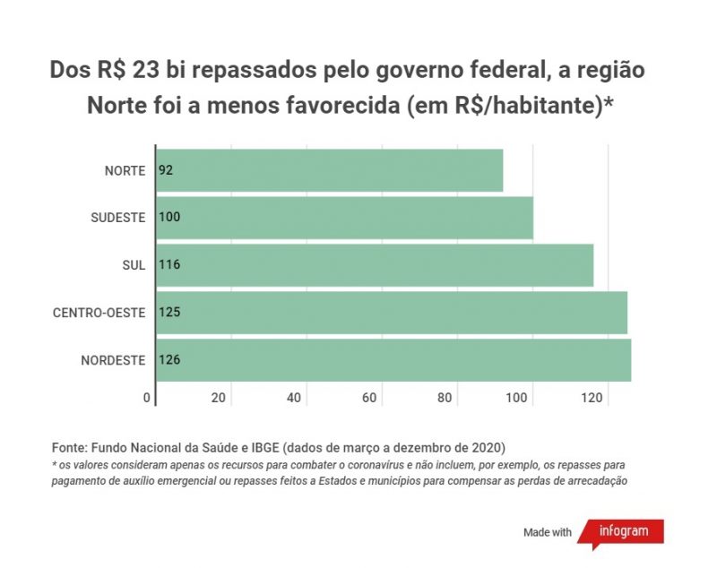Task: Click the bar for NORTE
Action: pyautogui.click(x=329, y=170)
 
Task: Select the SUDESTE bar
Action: pyautogui.click(x=344, y=218)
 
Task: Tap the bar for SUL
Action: pyautogui.click(x=375, y=265)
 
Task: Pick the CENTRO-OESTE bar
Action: pyautogui.click(x=392, y=313)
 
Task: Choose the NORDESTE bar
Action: pyautogui.click(x=393, y=360)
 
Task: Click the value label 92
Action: pyautogui.click(x=166, y=170)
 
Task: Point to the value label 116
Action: pyautogui.click(x=169, y=265)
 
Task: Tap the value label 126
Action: pyautogui.click(x=169, y=360)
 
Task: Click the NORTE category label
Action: pyautogui.click(x=125, y=170)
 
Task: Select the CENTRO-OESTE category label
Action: pyautogui.click(x=99, y=313)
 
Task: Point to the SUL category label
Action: pyautogui.click(x=133, y=265)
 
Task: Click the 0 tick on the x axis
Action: pyautogui.click(x=147, y=398)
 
